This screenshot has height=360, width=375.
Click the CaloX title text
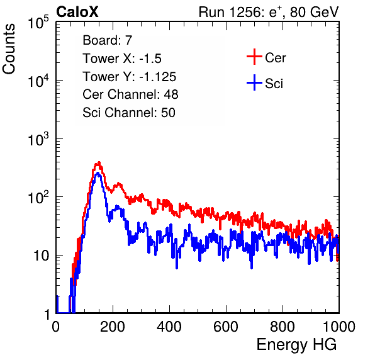(77, 12)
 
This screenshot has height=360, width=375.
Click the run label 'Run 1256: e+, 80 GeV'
(269, 12)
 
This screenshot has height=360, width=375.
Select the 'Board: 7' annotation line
(108, 40)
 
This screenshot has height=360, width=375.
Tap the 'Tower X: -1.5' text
(122, 59)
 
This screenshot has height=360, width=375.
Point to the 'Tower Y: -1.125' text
(130, 77)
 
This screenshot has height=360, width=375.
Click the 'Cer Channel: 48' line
(130, 94)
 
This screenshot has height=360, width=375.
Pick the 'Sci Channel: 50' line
(129, 113)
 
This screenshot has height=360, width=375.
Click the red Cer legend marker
(254, 57)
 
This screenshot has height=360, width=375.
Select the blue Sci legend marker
(254, 83)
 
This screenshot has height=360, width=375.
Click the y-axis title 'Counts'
(9, 49)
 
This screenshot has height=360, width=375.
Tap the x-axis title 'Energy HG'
(296, 345)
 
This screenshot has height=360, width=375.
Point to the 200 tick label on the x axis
(113, 327)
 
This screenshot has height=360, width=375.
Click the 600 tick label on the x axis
(226, 327)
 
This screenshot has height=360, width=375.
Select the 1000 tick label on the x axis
(339, 327)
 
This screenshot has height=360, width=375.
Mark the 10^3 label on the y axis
(38, 139)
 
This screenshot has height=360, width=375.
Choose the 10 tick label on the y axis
(42, 256)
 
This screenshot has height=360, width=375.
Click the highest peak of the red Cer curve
(99, 162)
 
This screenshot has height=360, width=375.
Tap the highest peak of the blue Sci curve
(98, 173)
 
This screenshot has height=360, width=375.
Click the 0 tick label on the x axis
(56, 327)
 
